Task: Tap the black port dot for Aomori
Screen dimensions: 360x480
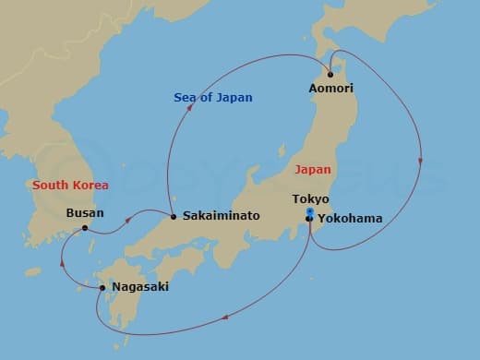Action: click(331, 73)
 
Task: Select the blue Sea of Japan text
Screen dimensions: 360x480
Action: click(213, 98)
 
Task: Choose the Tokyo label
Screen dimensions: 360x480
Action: click(310, 199)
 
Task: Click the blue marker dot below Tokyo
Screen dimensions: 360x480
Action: click(309, 211)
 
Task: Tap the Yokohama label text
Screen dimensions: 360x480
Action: click(349, 219)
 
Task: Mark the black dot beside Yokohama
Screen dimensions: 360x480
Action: click(309, 219)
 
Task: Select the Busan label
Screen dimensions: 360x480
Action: click(86, 213)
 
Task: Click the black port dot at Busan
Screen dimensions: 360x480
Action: click(85, 228)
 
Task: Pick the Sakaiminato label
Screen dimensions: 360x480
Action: click(221, 216)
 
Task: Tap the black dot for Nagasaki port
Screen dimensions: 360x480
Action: click(102, 287)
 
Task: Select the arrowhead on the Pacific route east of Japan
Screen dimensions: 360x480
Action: click(421, 161)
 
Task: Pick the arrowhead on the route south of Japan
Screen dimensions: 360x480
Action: click(225, 318)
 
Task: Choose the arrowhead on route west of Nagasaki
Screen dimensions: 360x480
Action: click(62, 261)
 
